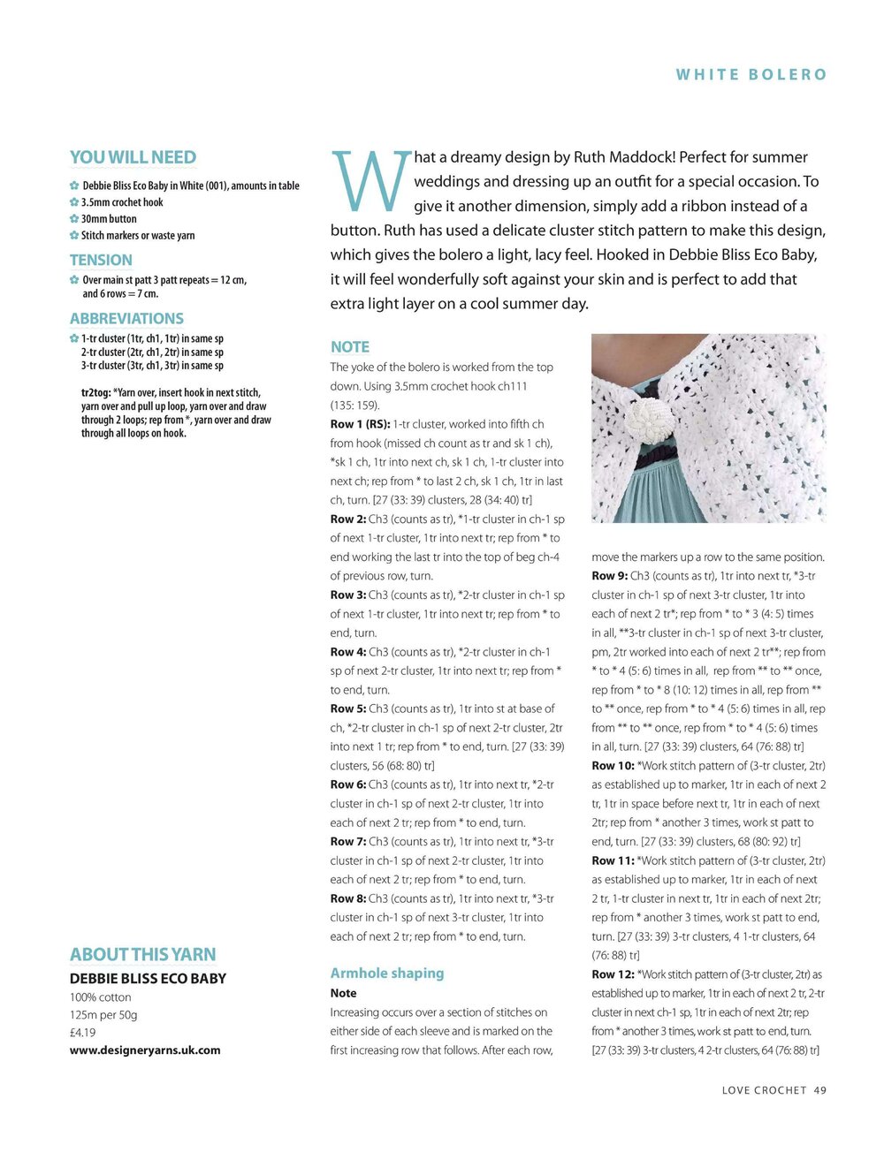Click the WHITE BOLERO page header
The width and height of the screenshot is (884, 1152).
(x=751, y=75)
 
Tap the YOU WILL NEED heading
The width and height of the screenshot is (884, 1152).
(x=133, y=158)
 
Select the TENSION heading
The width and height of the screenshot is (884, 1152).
(x=101, y=261)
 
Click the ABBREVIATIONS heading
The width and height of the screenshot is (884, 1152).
(x=126, y=319)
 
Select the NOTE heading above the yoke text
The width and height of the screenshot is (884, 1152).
(x=350, y=347)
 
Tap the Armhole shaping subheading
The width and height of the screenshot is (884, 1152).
(x=387, y=974)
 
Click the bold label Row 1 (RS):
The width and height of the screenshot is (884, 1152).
(x=360, y=425)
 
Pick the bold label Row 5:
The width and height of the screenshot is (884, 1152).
(x=347, y=709)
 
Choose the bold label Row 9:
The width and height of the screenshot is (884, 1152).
(x=609, y=576)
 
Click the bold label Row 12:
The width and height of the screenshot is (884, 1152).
(x=613, y=975)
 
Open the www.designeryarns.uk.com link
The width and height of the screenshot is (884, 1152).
(x=145, y=1050)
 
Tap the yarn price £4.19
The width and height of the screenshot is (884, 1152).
(x=83, y=1033)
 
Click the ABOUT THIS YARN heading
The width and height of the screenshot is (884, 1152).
(x=142, y=955)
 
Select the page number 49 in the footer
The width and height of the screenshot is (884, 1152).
(x=820, y=1091)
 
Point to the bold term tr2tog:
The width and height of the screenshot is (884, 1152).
(x=96, y=393)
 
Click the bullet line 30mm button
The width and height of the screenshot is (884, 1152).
(x=109, y=219)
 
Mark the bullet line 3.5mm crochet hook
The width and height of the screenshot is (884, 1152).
(x=122, y=202)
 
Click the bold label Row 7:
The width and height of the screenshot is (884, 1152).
(x=347, y=842)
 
